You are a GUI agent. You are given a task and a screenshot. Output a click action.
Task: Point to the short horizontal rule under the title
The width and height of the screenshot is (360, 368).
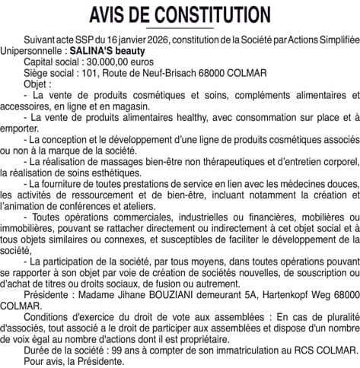point(180,28)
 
